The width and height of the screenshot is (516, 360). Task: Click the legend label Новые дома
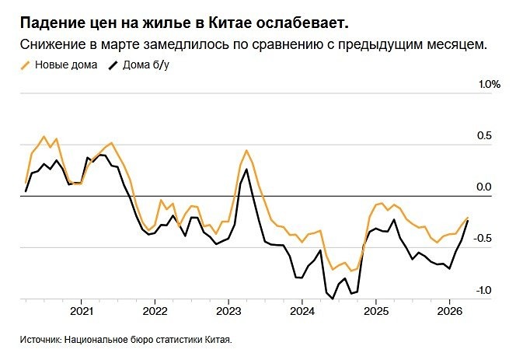pyautogui.click(x=66, y=65)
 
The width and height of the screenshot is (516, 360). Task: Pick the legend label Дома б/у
pyautogui.click(x=146, y=65)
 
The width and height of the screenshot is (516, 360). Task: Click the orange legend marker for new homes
pyautogui.click(x=26, y=65)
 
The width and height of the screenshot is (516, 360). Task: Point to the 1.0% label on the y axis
pyautogui.click(x=489, y=84)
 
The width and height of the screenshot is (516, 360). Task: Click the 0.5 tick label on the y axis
pyautogui.click(x=485, y=136)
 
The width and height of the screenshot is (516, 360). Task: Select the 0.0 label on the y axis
pyautogui.click(x=485, y=187)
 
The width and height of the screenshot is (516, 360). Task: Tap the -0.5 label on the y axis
pyautogui.click(x=483, y=239)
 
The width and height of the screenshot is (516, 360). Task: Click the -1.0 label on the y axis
pyautogui.click(x=483, y=290)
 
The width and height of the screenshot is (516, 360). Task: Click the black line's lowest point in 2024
pyautogui.click(x=333, y=298)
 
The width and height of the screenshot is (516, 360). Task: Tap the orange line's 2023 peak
pyautogui.click(x=246, y=150)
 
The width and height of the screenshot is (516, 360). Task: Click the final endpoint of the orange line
pyautogui.click(x=468, y=218)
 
